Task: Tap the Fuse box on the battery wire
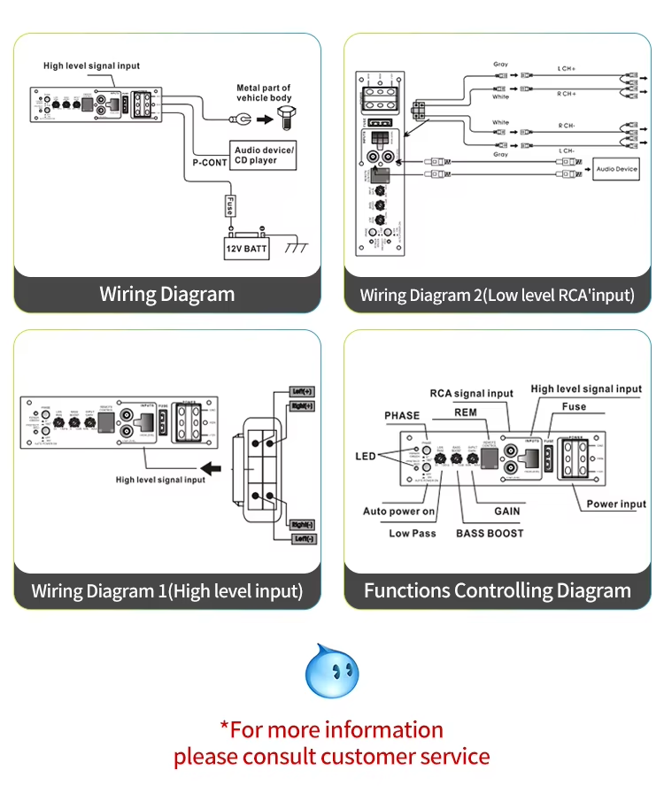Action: tap(229, 205)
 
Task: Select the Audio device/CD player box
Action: tap(264, 155)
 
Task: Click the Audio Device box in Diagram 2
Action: tap(614, 167)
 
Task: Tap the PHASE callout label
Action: tap(402, 415)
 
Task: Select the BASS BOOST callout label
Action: tap(490, 533)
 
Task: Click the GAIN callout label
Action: tap(507, 511)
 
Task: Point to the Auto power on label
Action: tap(399, 511)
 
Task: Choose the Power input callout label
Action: tap(616, 504)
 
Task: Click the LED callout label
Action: tap(367, 456)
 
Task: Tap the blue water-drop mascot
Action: tap(332, 670)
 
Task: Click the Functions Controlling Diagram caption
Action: tap(498, 590)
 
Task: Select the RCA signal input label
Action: tap(471, 393)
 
